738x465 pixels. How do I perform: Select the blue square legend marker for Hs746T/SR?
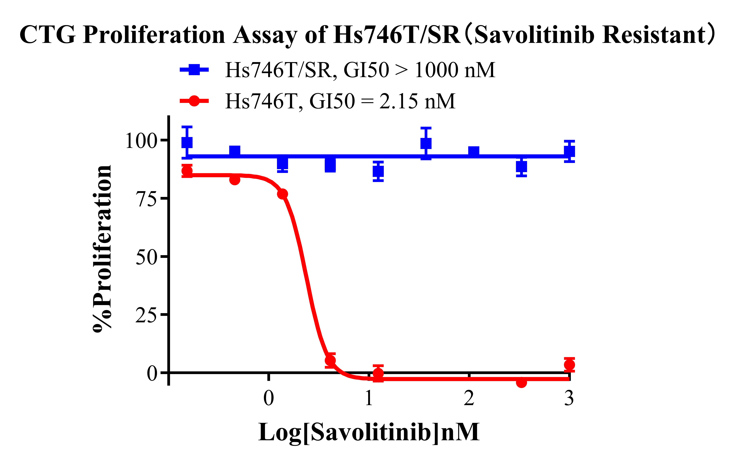coord(194,70)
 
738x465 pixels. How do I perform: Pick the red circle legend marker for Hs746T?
coord(194,101)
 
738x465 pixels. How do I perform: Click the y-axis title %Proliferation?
coord(102,248)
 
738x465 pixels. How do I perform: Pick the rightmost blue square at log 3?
coord(569,151)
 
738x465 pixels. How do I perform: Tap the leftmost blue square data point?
coord(187,142)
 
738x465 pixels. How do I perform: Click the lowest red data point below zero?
coord(521,383)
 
